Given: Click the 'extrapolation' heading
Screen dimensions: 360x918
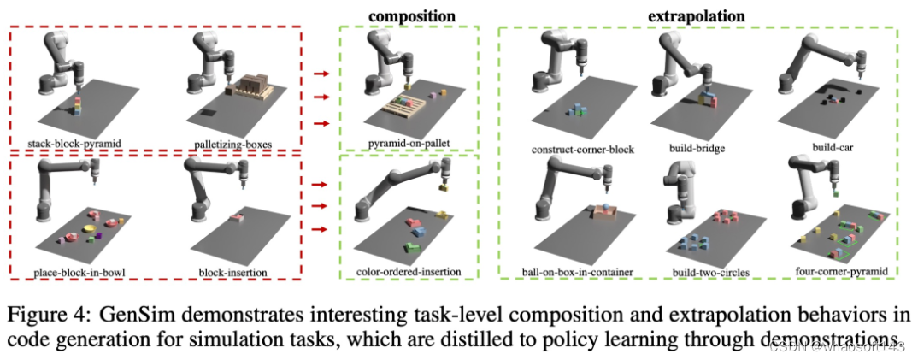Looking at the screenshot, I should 696,16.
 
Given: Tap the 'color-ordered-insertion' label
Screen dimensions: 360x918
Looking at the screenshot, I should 409,273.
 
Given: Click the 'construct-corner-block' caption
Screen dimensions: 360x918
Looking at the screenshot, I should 582,149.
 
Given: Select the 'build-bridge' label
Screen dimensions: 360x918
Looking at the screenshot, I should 697,149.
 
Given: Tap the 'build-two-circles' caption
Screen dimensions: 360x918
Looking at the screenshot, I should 706,273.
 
